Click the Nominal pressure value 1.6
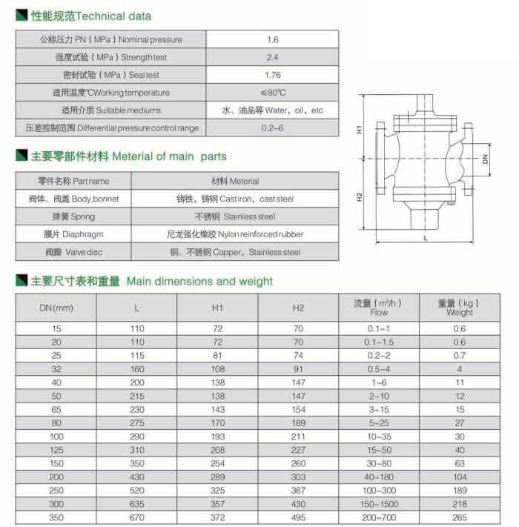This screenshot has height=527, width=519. pyautogui.click(x=272, y=40)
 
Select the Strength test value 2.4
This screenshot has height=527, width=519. pyautogui.click(x=272, y=57)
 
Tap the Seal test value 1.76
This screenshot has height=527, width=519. pyautogui.click(x=272, y=75)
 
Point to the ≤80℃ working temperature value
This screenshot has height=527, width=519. pyautogui.click(x=272, y=93)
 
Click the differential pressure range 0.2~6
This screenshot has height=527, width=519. pyautogui.click(x=272, y=128)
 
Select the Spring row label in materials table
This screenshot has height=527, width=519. pyautogui.click(x=73, y=216)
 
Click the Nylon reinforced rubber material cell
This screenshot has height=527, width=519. pyautogui.click(x=234, y=234)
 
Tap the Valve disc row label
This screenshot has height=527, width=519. pyautogui.click(x=73, y=252)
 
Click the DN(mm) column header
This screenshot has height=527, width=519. pyautogui.click(x=56, y=308)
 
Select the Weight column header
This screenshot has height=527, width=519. pyautogui.click(x=460, y=308)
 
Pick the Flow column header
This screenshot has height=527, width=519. pyautogui.click(x=379, y=308)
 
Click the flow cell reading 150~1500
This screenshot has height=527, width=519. pyautogui.click(x=379, y=505)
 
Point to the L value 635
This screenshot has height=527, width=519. pyautogui.click(x=136, y=505)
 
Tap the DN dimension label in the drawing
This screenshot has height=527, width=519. pyautogui.click(x=484, y=159)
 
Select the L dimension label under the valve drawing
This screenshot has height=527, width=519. pyautogui.click(x=426, y=238)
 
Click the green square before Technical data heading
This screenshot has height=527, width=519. pyautogui.click(x=22, y=15)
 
